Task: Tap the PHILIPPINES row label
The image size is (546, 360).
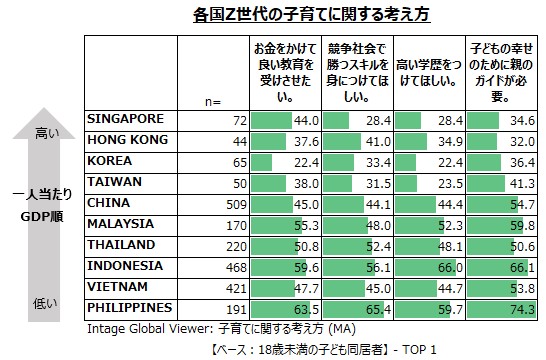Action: (x=130, y=307)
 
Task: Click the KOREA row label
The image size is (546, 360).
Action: (x=111, y=161)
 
